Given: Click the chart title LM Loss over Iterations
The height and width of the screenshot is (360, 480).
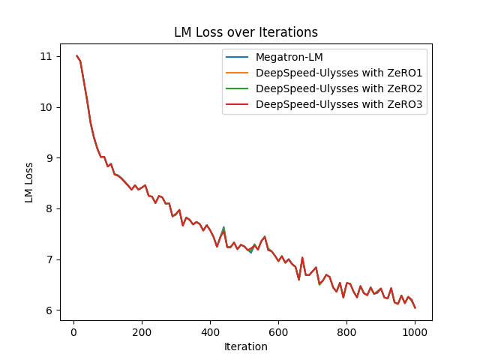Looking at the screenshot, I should [x=246, y=32].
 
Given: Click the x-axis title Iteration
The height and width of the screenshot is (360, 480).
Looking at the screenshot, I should [x=246, y=346].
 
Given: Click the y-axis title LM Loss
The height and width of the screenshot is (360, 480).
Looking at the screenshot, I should [x=29, y=182].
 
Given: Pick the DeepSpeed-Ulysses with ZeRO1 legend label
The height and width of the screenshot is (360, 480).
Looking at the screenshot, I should [x=339, y=73].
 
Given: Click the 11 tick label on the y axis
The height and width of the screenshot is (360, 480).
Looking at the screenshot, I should [x=46, y=56].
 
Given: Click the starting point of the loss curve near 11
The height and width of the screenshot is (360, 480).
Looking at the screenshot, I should [x=76, y=56].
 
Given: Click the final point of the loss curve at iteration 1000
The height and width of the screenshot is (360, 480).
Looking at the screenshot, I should [x=415, y=307].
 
